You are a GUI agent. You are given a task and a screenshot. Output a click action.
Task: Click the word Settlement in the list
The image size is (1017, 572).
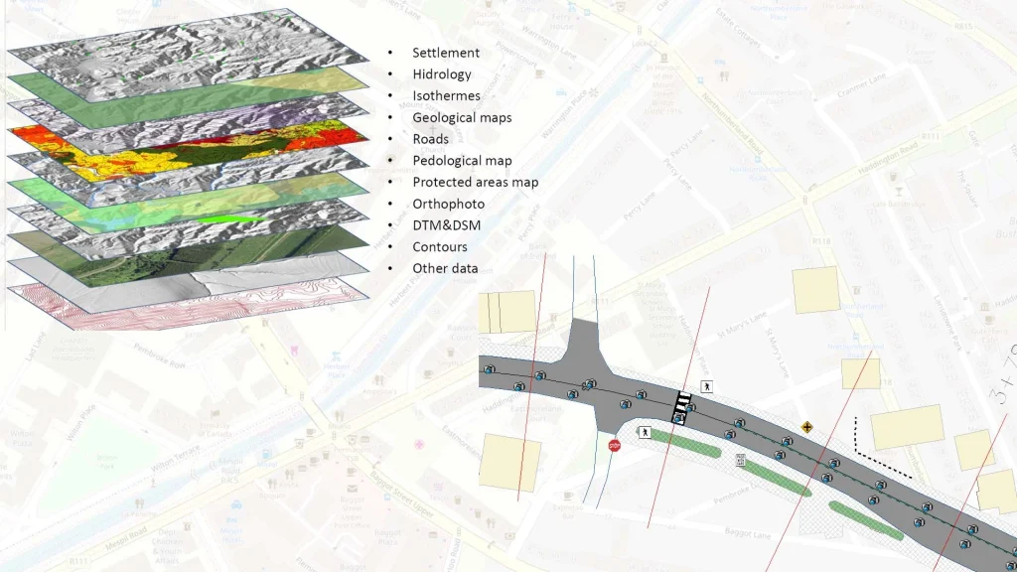coord(446,53)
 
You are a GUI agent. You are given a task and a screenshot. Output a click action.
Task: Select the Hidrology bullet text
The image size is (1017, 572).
coord(442,74)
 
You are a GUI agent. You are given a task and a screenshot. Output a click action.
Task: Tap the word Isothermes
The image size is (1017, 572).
coord(446,96)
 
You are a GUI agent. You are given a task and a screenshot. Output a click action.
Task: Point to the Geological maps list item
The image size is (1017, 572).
coord(462,118)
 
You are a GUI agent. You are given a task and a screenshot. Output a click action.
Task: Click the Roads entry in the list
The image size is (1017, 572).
coord(431,140)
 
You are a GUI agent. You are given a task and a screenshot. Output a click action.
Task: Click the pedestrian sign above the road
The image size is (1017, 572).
coord(706,386)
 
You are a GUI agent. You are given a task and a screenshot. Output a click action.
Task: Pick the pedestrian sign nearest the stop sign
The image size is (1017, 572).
coord(645,433)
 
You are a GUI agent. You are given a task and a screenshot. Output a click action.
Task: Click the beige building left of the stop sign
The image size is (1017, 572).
coord(509,463)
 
